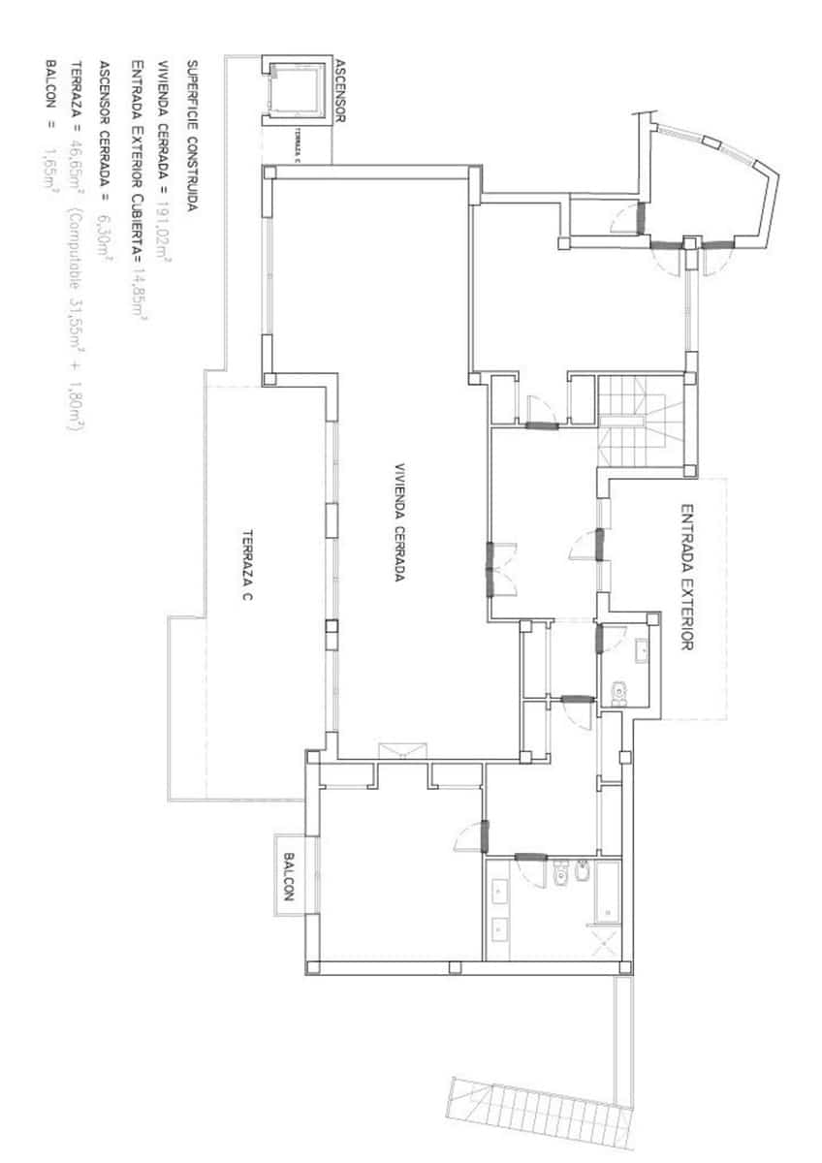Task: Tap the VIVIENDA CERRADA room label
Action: [x=397, y=520]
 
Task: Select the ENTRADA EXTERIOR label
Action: [x=687, y=576]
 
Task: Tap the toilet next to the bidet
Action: [x=561, y=875]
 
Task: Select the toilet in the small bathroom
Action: [x=620, y=691]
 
